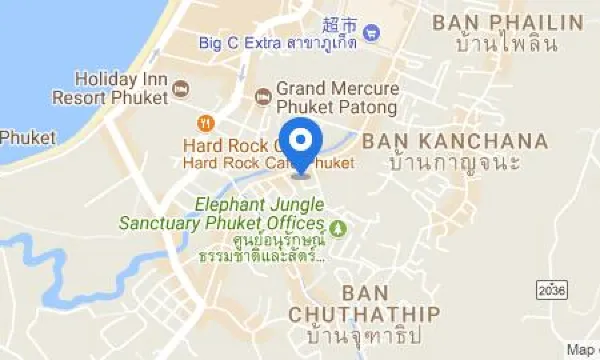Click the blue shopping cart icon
pos(372,31)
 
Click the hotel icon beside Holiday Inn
pos(181,90)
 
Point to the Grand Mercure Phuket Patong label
pos(337,97)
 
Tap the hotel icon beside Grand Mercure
pos(262,96)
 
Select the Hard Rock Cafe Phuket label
pos(268,162)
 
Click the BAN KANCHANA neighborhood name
pos(455,140)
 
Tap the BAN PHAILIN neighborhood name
pos(505,21)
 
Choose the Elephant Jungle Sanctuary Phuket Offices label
pos(222,213)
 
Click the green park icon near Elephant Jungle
pos(338,229)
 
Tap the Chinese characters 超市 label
pos(339,23)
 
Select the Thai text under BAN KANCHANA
pos(457,162)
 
